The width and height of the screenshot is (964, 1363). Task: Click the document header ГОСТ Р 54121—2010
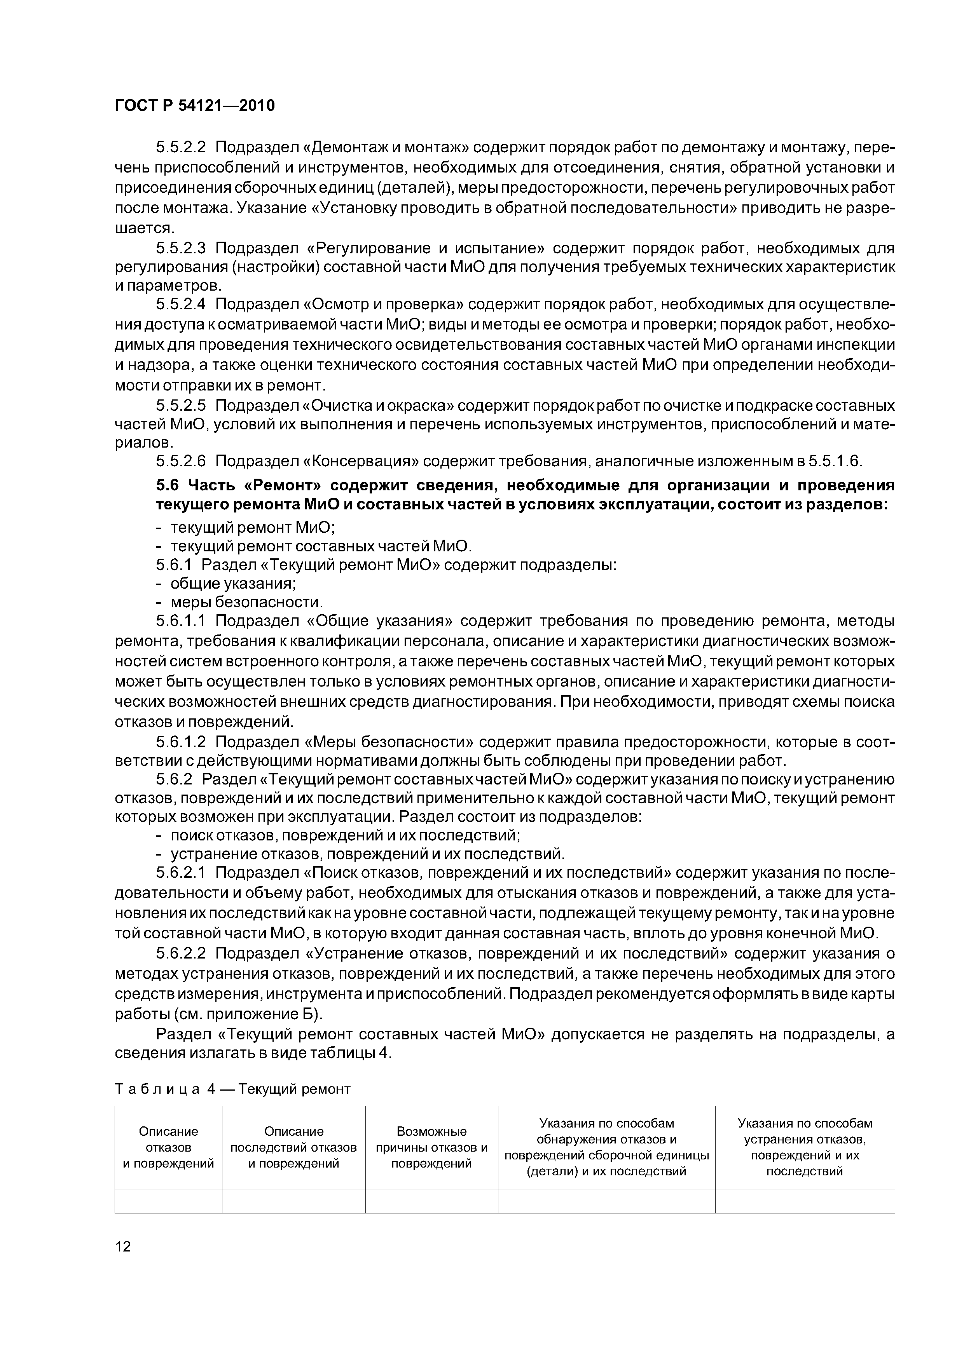point(195,106)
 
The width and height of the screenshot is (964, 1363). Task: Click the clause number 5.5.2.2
point(181,148)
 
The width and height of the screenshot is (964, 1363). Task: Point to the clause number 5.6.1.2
point(181,742)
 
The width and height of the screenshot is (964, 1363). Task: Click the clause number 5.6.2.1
point(181,872)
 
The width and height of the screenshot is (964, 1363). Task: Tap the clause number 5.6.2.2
point(181,953)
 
